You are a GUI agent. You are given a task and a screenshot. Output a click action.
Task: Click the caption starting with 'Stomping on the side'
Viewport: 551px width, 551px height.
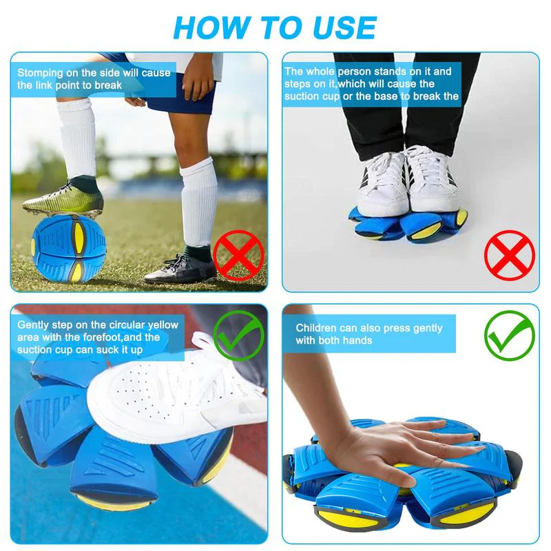[94, 79]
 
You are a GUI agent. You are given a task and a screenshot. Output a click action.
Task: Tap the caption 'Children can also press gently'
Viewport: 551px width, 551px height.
[369, 334]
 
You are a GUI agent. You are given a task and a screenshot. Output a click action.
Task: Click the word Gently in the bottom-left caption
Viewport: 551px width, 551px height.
[33, 325]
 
